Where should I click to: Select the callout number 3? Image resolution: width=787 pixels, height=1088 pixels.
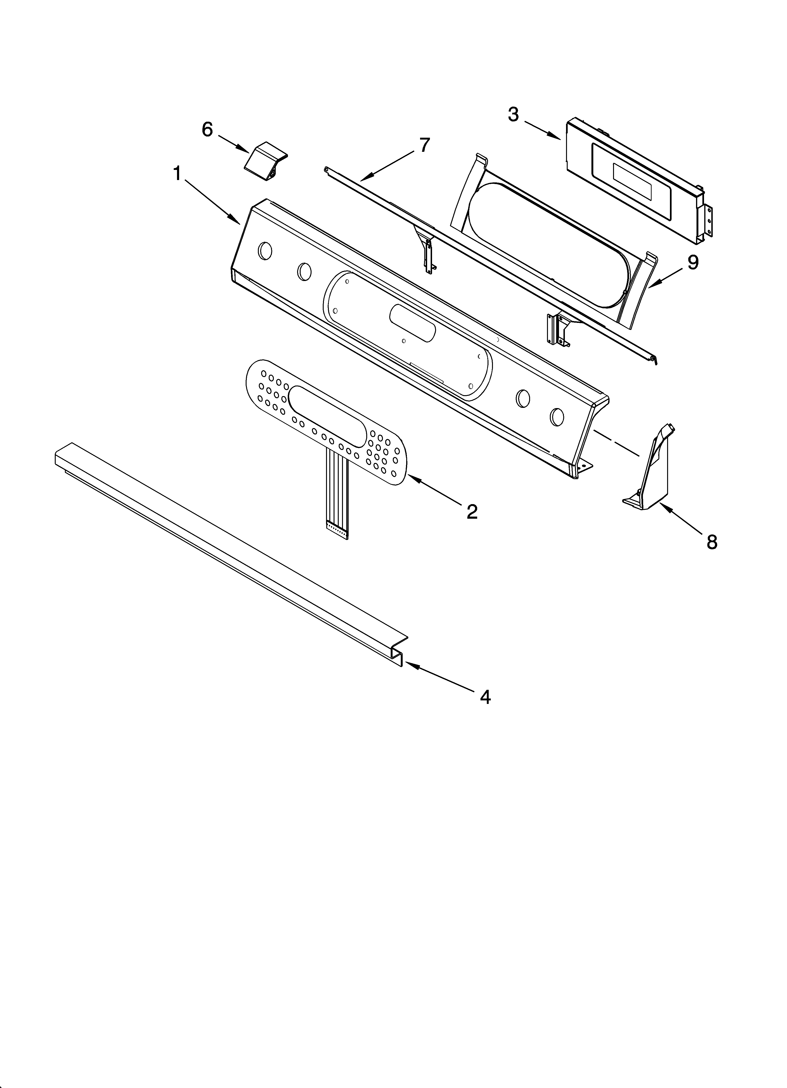click(513, 115)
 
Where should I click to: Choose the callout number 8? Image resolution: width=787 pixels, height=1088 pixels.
click(712, 542)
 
